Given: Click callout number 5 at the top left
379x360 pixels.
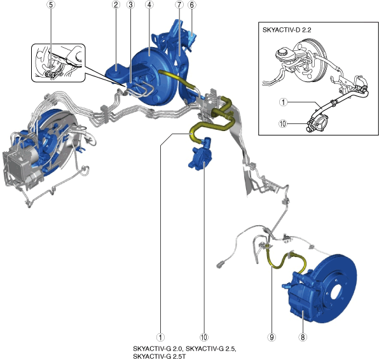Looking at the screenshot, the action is point(50,5).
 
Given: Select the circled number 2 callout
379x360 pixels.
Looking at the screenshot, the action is point(116,5).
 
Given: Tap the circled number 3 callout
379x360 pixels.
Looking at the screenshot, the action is point(130,5).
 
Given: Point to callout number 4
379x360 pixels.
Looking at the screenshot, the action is point(149,5).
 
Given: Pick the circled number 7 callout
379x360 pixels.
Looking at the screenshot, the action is point(179,5).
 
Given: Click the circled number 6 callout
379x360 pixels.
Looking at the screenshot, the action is point(192,5).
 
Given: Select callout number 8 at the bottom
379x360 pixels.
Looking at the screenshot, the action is point(303,337).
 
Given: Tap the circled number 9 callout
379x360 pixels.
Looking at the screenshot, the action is point(272,337).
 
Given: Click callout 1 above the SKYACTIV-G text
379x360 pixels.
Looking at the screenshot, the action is point(160,337).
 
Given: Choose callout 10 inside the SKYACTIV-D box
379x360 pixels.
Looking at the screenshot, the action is point(283,124).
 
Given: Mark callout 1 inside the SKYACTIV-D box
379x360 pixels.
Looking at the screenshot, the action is point(283,102).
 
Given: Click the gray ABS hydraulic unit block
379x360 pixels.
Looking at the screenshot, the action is point(20,164).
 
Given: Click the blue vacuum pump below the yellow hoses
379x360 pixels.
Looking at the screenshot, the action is point(200,155).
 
